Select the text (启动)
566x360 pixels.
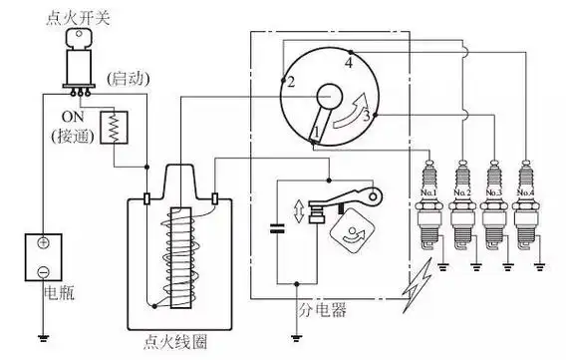click(126, 78)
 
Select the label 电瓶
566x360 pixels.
click(57, 295)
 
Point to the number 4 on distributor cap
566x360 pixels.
click(348, 63)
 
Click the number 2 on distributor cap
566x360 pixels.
click(290, 82)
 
